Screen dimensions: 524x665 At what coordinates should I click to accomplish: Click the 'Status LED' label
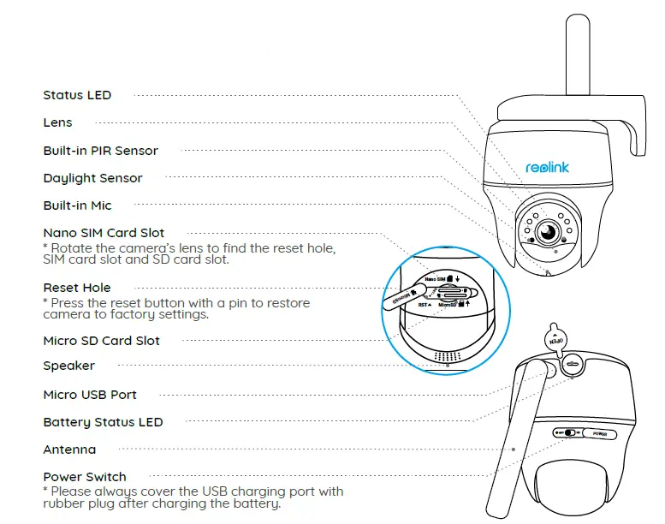(x=77, y=95)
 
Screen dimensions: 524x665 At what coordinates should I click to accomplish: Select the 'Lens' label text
(x=58, y=122)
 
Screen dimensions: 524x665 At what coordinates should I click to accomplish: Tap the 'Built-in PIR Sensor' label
(x=101, y=151)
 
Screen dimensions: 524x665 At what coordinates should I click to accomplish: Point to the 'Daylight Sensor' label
(x=93, y=178)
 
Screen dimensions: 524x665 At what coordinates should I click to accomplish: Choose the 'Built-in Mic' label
(x=78, y=205)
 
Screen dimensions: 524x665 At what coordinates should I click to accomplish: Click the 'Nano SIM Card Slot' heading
(x=104, y=233)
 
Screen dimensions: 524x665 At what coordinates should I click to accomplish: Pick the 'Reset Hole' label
(x=77, y=288)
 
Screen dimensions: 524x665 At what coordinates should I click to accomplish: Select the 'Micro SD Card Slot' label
(x=102, y=341)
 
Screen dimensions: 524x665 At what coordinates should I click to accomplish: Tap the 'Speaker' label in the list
(x=69, y=366)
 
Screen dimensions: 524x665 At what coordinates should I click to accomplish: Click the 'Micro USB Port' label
(x=90, y=395)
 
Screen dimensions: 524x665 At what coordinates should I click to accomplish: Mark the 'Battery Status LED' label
(x=103, y=422)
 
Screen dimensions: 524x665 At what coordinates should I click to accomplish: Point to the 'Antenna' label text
(x=69, y=450)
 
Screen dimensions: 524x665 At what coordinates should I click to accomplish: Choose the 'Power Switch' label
(x=85, y=477)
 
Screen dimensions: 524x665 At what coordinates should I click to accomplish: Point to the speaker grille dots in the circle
(x=448, y=354)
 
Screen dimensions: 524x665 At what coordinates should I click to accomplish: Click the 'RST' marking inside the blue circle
(x=423, y=304)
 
